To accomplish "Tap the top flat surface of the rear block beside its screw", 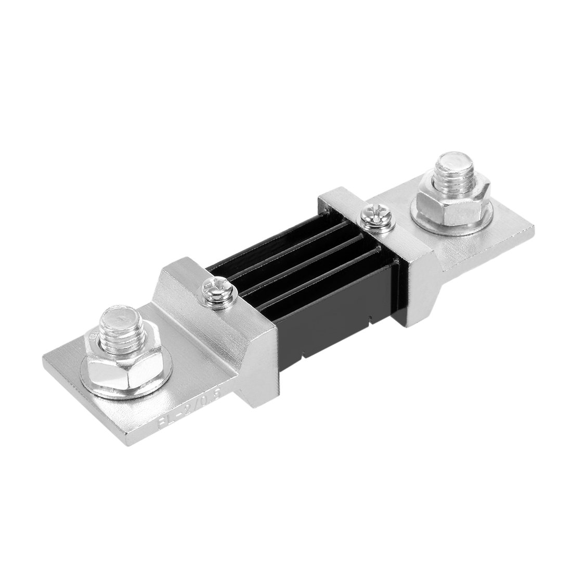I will [x=348, y=203].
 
